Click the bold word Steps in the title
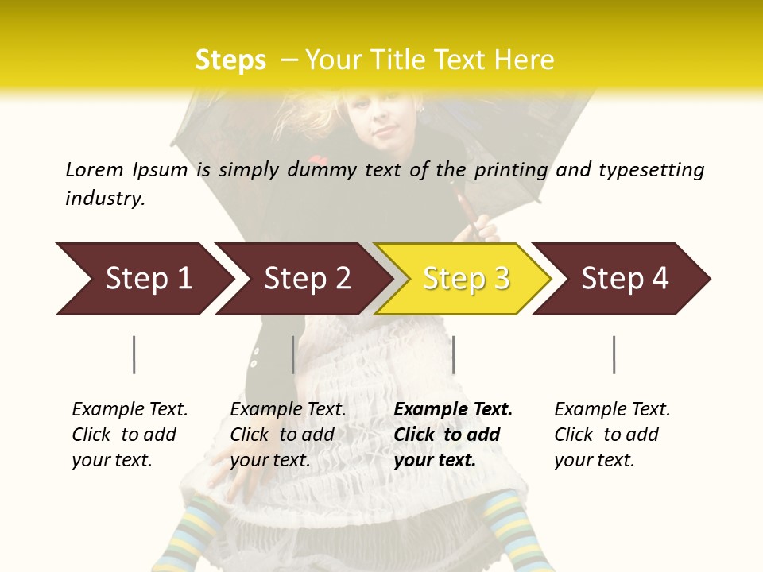[x=230, y=60]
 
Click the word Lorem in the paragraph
[x=94, y=169]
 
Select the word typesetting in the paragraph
[x=651, y=170]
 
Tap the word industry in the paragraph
[x=104, y=199]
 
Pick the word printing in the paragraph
[x=508, y=170]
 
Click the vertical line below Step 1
[x=134, y=354]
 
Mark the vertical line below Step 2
[x=293, y=354]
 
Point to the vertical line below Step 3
[x=454, y=354]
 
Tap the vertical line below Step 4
[x=614, y=354]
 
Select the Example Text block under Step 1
[x=130, y=435]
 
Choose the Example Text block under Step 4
[x=612, y=435]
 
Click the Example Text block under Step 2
[x=288, y=435]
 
